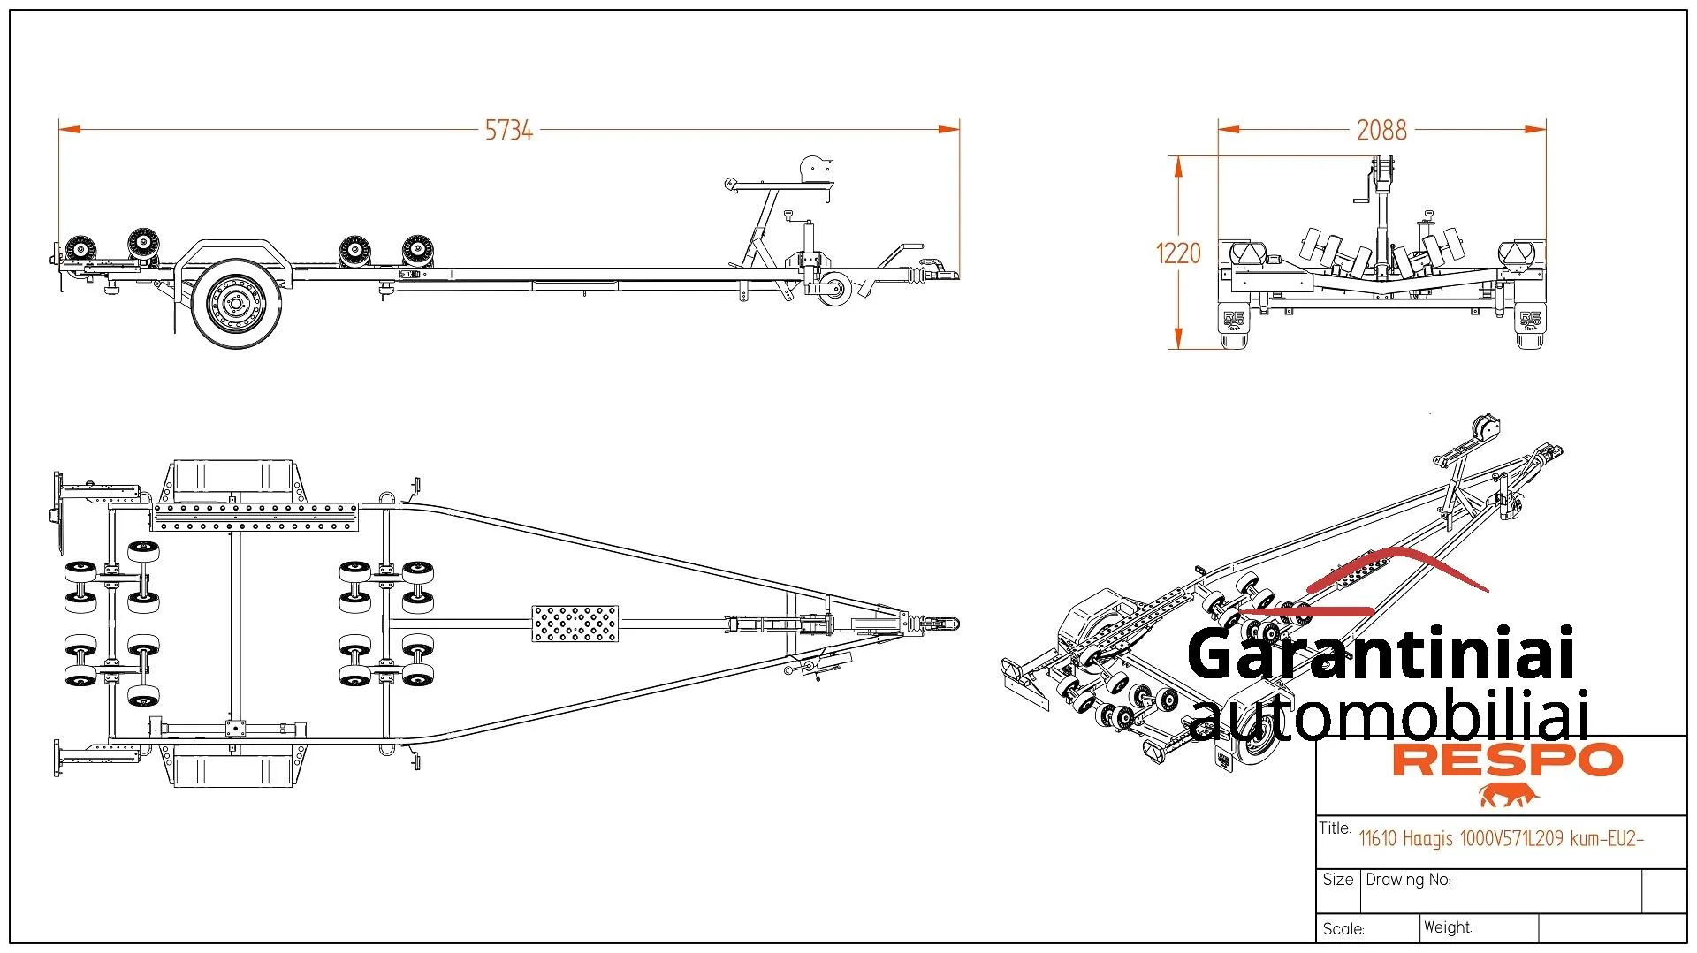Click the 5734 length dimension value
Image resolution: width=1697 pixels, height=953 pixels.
509,131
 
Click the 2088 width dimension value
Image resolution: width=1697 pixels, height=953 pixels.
1381,131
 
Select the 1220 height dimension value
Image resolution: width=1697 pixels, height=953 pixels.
1178,253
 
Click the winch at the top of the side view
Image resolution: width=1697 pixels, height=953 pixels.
816,170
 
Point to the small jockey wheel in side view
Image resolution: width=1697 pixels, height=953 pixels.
833,288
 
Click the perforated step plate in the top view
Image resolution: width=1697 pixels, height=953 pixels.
575,624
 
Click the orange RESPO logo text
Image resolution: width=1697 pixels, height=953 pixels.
1508,760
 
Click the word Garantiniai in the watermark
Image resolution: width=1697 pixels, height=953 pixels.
1381,654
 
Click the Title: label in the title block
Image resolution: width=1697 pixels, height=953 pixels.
1335,828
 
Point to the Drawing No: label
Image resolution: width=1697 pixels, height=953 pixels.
1408,880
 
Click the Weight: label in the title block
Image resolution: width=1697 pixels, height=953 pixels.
1448,927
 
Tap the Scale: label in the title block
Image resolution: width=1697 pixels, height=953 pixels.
1343,929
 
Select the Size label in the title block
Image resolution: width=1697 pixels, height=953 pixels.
1338,880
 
